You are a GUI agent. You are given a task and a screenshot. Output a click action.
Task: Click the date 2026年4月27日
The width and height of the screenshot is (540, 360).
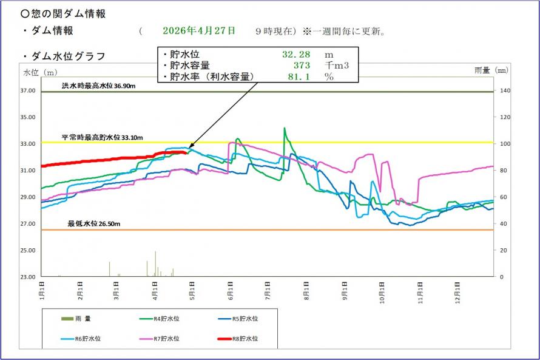(x=198, y=31)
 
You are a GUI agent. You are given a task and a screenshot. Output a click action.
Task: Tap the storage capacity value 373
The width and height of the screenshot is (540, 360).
(x=302, y=66)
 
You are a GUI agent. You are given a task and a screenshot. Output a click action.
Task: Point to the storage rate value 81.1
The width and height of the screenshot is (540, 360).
(x=297, y=77)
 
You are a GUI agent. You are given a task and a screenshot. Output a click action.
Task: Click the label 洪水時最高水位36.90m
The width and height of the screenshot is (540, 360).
(x=98, y=86)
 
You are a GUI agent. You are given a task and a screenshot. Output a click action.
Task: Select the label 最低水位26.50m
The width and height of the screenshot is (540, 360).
(x=94, y=224)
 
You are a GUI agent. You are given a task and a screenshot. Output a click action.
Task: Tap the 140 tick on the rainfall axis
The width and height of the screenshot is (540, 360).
(x=505, y=91)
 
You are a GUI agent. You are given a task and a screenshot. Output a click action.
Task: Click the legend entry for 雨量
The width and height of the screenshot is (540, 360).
(x=79, y=318)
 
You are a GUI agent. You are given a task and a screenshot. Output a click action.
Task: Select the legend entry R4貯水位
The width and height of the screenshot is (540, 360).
(x=165, y=318)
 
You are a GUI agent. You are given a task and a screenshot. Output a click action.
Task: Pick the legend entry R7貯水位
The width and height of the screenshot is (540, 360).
(x=165, y=339)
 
